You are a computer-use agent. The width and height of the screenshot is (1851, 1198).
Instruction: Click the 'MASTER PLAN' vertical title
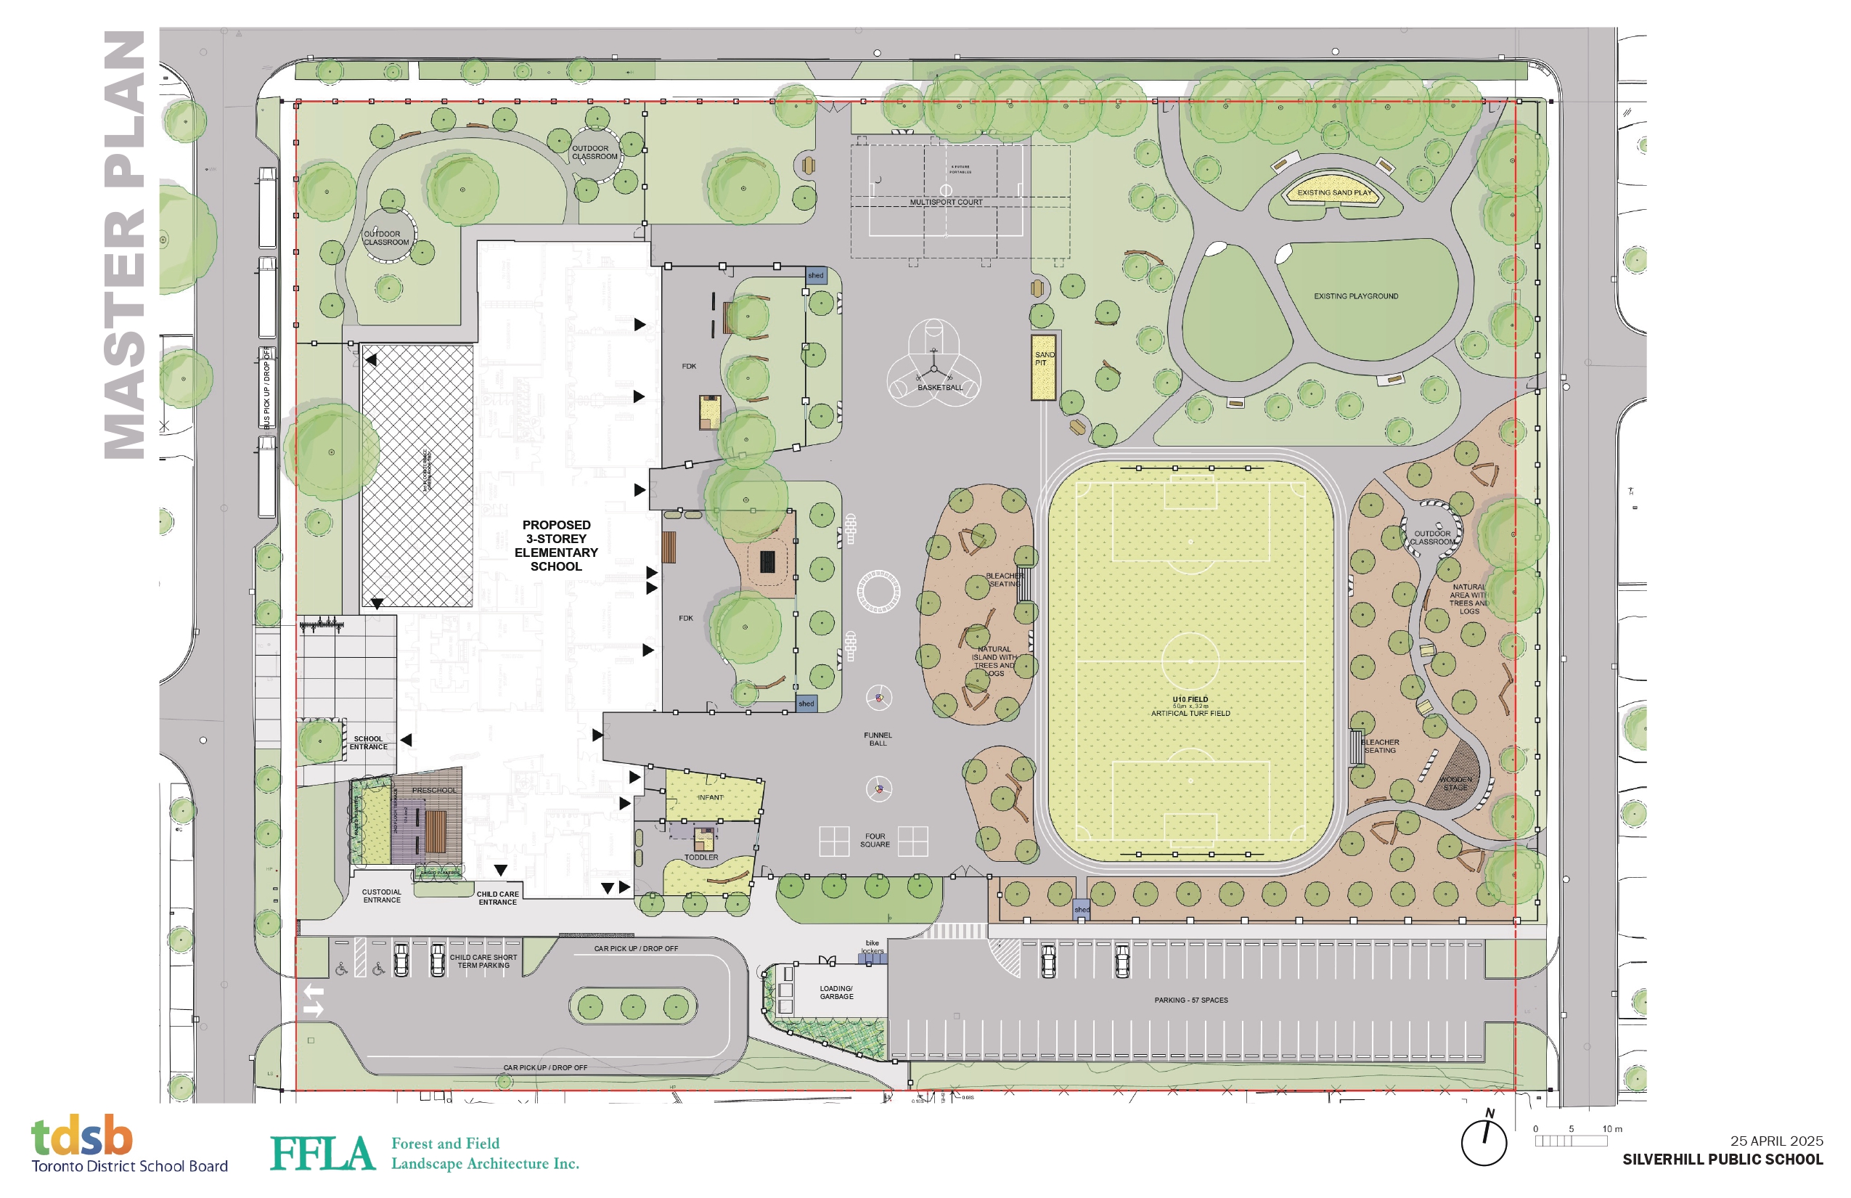pyautogui.click(x=124, y=245)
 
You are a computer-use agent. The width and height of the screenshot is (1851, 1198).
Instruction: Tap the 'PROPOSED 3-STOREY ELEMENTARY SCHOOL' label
pyautogui.click(x=556, y=545)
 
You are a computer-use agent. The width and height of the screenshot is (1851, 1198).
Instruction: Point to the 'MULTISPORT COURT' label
pyautogui.click(x=946, y=203)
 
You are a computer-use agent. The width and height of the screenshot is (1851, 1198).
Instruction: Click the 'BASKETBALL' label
pyautogui.click(x=939, y=388)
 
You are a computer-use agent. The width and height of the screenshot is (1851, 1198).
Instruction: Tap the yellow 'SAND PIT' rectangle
pyautogui.click(x=1043, y=367)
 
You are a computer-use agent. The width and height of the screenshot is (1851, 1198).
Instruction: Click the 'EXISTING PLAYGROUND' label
pyautogui.click(x=1356, y=296)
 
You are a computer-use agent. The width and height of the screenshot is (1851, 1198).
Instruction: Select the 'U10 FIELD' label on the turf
pyautogui.click(x=1190, y=700)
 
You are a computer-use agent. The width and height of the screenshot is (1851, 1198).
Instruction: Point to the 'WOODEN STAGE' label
pyautogui.click(x=1455, y=783)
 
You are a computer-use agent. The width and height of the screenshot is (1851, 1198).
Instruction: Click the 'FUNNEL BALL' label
pyautogui.click(x=878, y=739)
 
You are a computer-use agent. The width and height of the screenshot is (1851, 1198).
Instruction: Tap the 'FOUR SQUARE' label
pyautogui.click(x=875, y=840)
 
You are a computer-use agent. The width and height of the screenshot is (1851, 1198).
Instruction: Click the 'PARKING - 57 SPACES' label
pyautogui.click(x=1190, y=1001)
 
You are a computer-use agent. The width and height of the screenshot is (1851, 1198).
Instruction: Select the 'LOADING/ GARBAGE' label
pyautogui.click(x=836, y=993)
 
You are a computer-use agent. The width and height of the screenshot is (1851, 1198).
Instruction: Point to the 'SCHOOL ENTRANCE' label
pyautogui.click(x=368, y=743)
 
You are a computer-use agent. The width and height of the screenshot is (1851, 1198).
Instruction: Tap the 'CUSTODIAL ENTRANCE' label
pyautogui.click(x=382, y=896)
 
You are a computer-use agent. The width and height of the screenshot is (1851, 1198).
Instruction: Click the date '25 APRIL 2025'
pyautogui.click(x=1776, y=1141)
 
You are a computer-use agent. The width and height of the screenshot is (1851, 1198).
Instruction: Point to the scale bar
pyautogui.click(x=1571, y=1141)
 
